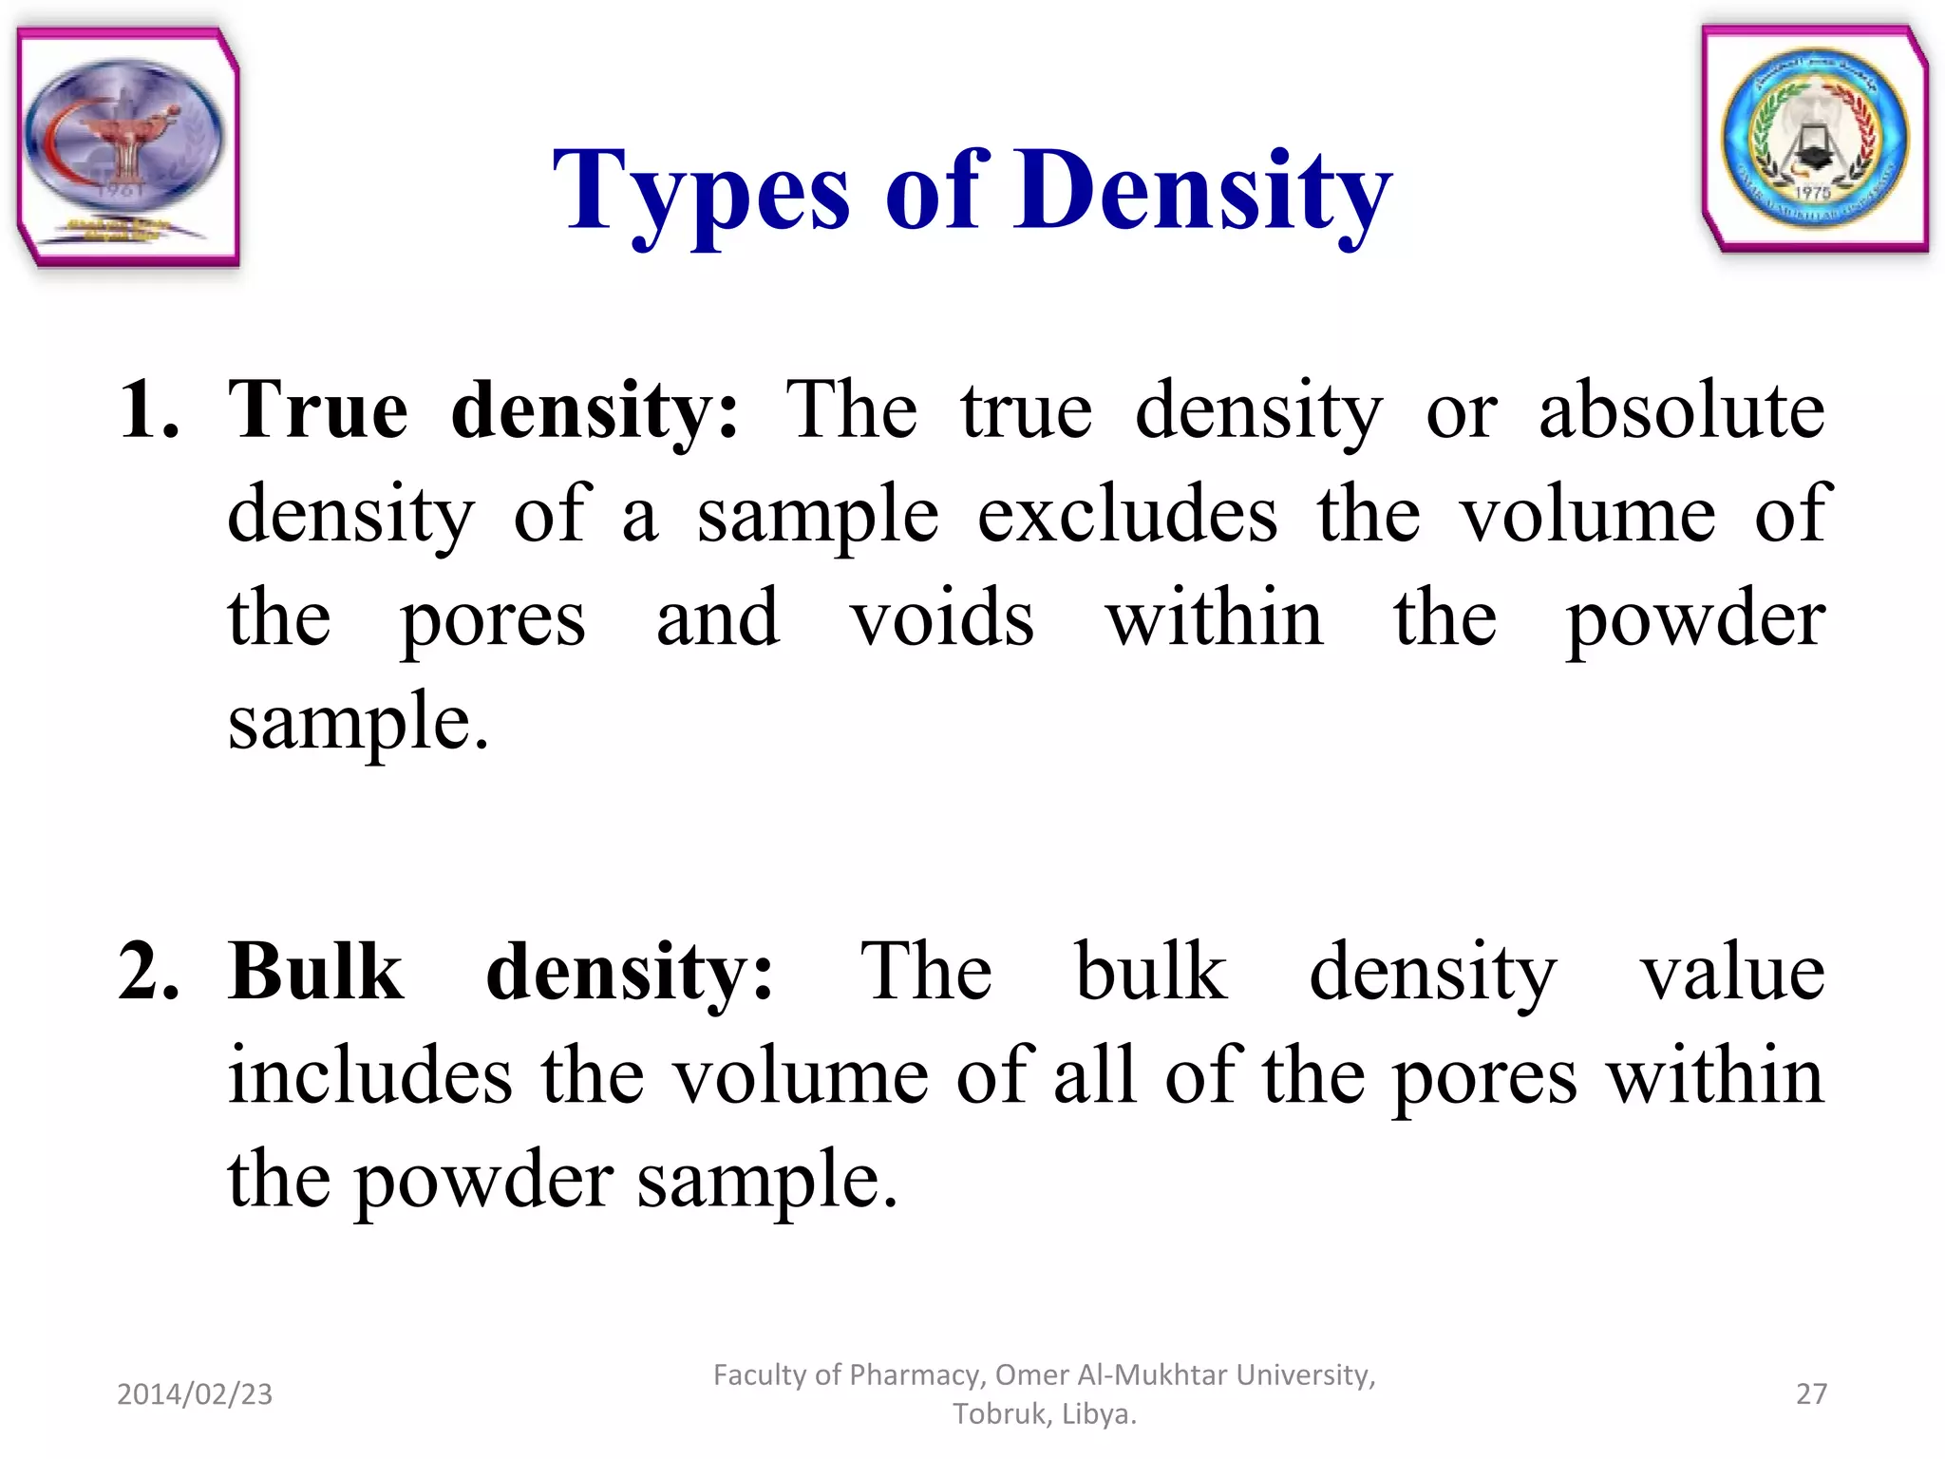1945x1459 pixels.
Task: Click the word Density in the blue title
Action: (x=1202, y=193)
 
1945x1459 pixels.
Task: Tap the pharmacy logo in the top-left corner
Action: (x=127, y=145)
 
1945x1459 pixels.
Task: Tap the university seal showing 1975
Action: (x=1814, y=140)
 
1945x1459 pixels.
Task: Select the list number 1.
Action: (x=148, y=410)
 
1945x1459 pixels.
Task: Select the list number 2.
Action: (x=148, y=973)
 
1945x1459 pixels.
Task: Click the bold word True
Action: (x=318, y=410)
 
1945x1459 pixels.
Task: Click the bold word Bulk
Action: (x=315, y=973)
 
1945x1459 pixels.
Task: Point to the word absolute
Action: (x=1681, y=410)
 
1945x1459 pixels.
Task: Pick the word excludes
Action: (x=1127, y=515)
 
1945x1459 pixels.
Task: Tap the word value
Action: (x=1732, y=973)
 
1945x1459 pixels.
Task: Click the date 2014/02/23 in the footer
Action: (x=195, y=1393)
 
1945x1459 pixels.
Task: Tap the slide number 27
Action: (x=1811, y=1393)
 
